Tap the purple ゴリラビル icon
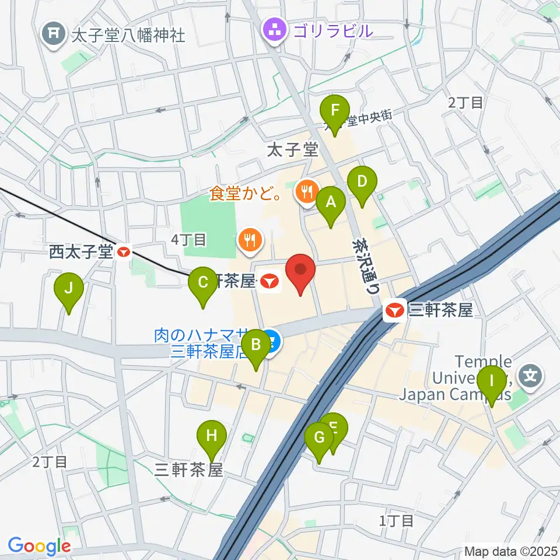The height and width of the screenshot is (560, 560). [273, 30]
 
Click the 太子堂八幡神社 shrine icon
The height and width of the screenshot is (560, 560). [54, 34]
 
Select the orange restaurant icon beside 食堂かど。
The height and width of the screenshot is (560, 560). [306, 191]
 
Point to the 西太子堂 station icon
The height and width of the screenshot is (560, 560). [124, 253]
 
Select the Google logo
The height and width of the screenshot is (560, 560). [39, 546]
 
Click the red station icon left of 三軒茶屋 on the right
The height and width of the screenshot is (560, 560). [394, 310]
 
